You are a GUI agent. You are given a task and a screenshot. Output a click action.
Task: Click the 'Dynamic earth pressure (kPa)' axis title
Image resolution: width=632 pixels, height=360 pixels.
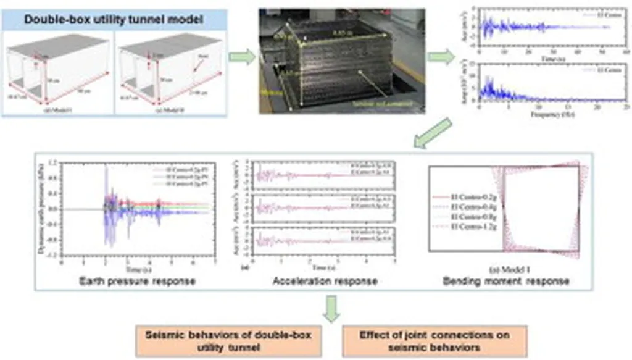(x=45, y=209)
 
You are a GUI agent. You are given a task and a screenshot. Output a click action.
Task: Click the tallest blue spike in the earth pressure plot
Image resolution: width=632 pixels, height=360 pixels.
(x=106, y=168)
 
